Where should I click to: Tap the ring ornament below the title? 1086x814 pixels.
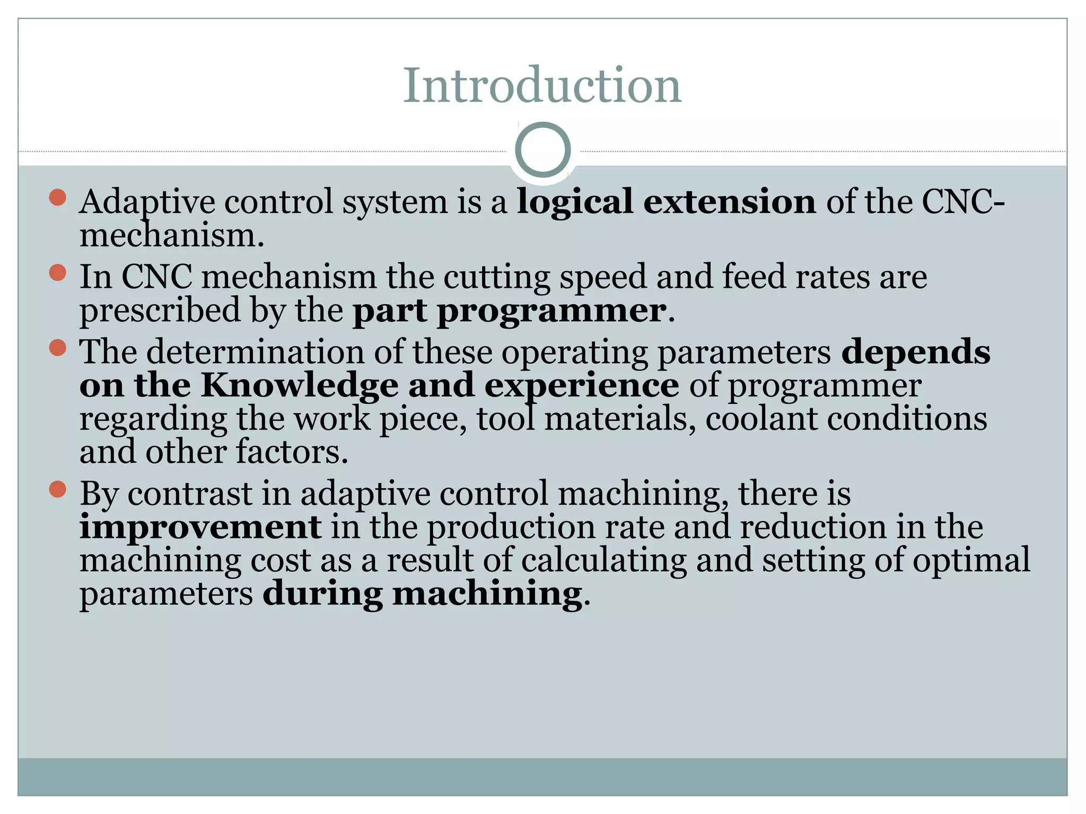[x=542, y=150]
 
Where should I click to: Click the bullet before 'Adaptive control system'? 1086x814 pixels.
[x=57, y=198]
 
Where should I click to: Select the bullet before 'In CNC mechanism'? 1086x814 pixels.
[x=57, y=273]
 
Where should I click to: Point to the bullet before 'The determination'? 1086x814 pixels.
[x=57, y=348]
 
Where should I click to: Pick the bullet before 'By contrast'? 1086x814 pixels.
[x=57, y=490]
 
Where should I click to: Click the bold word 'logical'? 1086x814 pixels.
[x=575, y=202]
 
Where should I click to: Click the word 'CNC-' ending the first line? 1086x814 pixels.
[x=963, y=202]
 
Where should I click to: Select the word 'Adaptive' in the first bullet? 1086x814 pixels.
[x=147, y=202]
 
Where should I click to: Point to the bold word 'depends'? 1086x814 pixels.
[x=915, y=352]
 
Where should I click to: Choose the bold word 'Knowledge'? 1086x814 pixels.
[x=299, y=386]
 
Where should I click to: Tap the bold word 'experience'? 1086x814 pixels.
[x=581, y=386]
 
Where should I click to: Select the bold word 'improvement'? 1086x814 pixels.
[x=200, y=527]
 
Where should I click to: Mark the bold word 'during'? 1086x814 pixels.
[x=322, y=594]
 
